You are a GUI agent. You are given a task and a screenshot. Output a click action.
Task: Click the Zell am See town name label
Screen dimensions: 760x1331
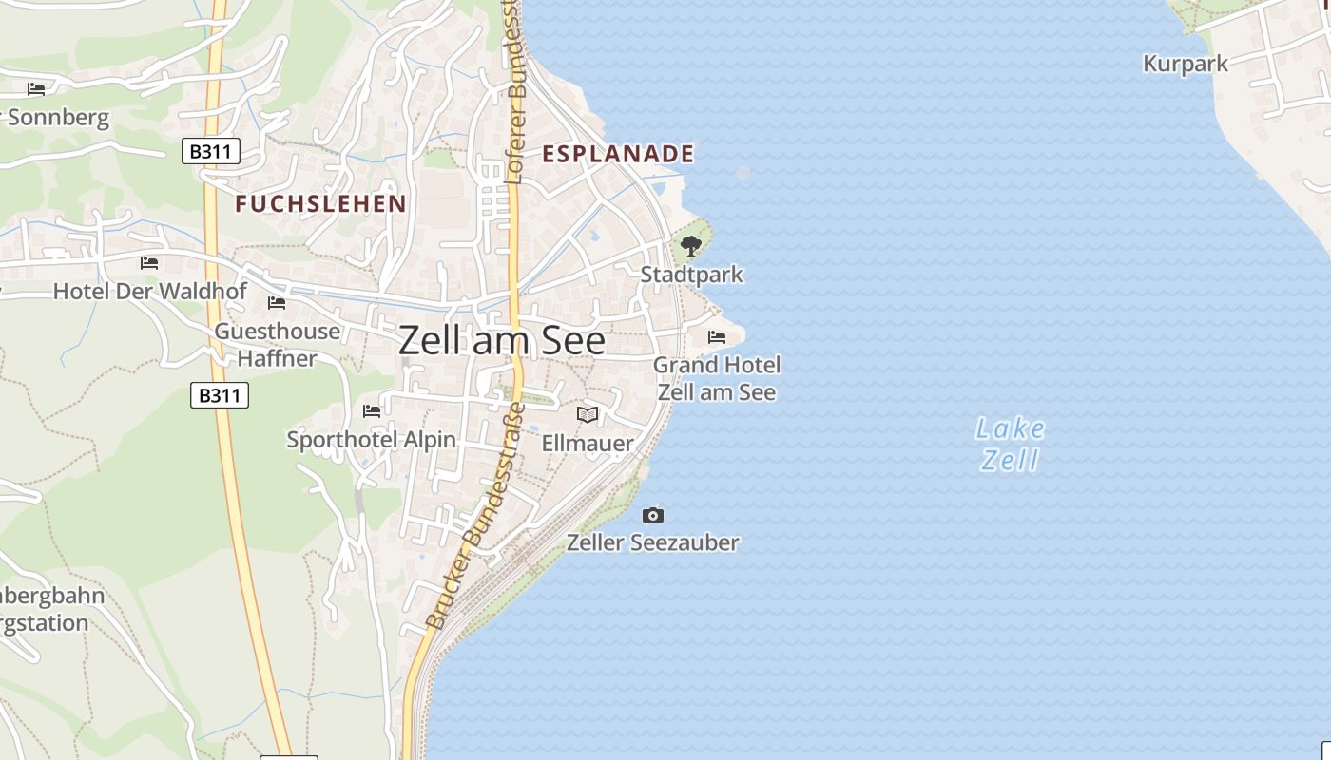(501, 340)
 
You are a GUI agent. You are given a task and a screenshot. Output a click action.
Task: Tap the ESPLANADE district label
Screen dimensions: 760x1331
(618, 154)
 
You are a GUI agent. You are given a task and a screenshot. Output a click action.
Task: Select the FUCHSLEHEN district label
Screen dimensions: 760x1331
(320, 203)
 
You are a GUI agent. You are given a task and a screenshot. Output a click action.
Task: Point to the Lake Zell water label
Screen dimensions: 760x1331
(1010, 445)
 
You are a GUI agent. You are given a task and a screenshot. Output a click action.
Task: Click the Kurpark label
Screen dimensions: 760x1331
(1185, 64)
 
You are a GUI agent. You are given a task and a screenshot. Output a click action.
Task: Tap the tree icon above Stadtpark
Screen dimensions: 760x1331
(691, 246)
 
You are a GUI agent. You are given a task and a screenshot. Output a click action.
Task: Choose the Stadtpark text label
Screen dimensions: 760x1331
(691, 275)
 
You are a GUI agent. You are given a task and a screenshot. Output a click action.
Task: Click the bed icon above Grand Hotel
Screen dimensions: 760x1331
(717, 336)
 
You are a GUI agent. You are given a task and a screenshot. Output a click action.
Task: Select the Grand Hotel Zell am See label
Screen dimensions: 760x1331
(717, 378)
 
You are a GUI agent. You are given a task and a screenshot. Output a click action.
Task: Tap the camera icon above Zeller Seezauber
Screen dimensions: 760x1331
(653, 515)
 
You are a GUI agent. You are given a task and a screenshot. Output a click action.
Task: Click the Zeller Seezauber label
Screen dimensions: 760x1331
(653, 542)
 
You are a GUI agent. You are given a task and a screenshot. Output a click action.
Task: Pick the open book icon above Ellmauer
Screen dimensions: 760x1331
(588, 414)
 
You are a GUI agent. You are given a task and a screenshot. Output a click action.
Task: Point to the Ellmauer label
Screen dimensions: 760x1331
(588, 443)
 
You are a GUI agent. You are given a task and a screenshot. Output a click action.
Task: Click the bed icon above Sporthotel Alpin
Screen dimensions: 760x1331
(372, 410)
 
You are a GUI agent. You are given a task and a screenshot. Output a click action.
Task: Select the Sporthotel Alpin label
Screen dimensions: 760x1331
(372, 440)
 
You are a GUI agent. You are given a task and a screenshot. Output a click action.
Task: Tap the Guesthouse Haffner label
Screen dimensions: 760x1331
(277, 344)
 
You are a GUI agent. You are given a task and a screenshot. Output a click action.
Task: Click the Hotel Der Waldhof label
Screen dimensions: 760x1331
(150, 291)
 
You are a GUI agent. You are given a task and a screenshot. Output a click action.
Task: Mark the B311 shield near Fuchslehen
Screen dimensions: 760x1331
(211, 151)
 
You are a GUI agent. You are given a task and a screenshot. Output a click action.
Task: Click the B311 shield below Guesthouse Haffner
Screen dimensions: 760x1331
(220, 394)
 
